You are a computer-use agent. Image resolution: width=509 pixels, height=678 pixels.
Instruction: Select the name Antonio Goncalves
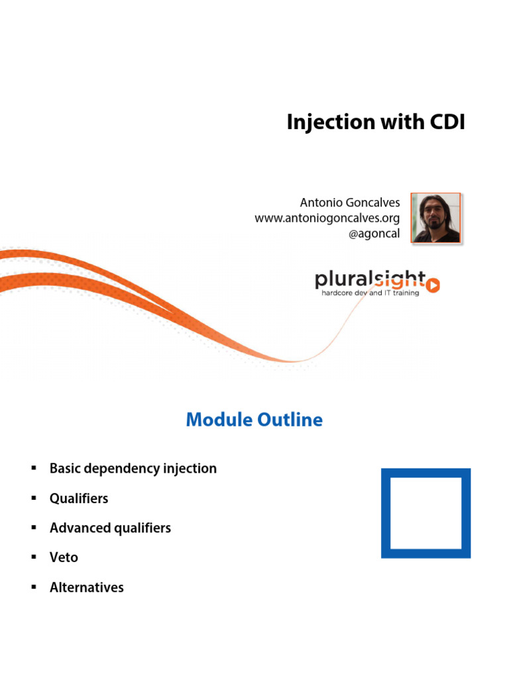pos(351,203)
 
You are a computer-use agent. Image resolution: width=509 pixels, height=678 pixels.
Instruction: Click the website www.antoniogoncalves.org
pos(327,218)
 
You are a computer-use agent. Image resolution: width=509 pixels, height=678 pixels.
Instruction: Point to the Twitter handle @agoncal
pos(374,234)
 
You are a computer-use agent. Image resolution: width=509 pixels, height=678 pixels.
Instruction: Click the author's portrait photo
pos(435,218)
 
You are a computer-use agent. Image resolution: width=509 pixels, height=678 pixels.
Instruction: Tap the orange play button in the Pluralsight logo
pos(433,285)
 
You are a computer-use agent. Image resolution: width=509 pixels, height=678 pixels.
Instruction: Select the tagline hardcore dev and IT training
pos(370,293)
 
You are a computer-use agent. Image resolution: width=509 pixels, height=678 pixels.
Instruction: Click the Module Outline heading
pos(254,420)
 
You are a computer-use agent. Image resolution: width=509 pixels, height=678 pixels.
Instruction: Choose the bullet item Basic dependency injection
pos(133,469)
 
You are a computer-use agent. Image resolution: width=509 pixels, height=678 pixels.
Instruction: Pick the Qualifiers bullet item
pos(79,499)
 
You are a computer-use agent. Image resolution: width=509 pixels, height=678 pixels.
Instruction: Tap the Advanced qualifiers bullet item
pos(110,528)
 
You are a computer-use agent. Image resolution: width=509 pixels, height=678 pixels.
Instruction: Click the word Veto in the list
pos(64,557)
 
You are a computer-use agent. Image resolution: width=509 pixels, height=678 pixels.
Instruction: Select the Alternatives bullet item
pos(87,587)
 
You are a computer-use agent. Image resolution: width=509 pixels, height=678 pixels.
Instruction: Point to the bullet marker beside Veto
pos(32,557)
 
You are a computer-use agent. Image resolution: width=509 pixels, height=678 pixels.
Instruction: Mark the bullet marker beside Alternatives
pos(32,587)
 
